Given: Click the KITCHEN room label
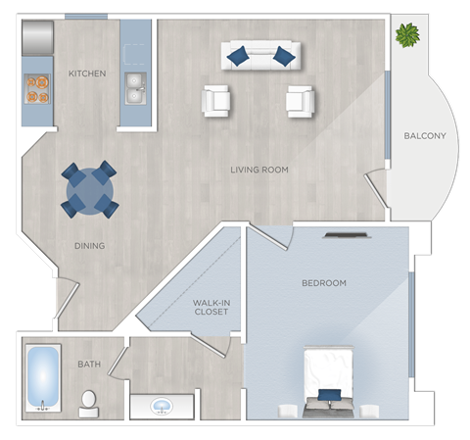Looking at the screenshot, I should [87, 73].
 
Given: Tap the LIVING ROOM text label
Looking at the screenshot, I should [259, 170].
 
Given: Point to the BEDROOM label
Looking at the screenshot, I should [323, 283].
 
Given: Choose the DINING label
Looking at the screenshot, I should [88, 245].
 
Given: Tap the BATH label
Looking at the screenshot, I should [89, 365].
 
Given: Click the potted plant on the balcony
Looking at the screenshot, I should [405, 35].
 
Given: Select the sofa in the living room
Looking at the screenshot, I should [259, 55].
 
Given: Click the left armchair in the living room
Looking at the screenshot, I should [216, 100].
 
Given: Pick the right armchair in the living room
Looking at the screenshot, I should [301, 100].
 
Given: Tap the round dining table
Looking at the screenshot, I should [89, 189].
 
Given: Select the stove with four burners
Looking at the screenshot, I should [37, 88].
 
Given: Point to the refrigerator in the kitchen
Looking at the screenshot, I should [37, 37].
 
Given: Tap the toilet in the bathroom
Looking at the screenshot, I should [89, 400].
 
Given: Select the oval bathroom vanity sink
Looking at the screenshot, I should [160, 405].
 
